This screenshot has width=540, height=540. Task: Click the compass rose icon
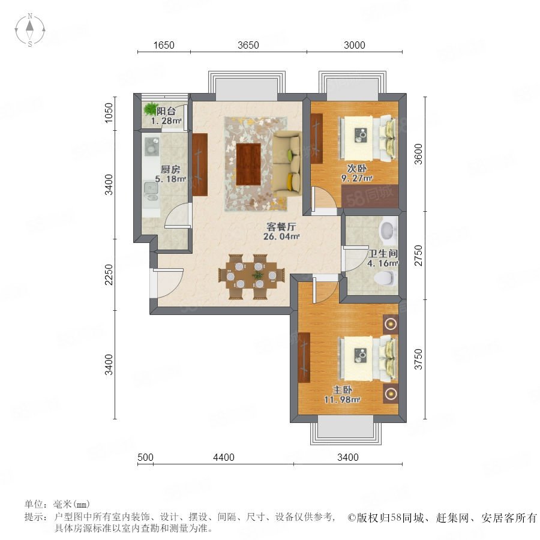(x=30, y=30)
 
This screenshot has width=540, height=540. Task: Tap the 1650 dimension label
(x=164, y=45)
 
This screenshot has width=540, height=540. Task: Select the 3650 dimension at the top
(x=248, y=45)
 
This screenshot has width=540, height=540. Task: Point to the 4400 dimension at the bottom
(x=224, y=457)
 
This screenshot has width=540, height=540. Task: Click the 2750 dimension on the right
(x=418, y=256)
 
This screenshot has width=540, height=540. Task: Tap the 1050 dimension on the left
(x=109, y=113)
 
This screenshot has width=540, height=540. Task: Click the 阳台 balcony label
(x=166, y=111)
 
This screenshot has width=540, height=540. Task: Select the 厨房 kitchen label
(x=170, y=169)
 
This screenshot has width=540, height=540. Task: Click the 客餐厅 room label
(x=281, y=227)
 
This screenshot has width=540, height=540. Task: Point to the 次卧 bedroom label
(x=357, y=169)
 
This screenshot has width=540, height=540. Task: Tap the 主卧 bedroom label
(x=343, y=390)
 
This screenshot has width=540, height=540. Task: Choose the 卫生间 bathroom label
(x=383, y=253)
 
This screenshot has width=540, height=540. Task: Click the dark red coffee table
(x=248, y=164)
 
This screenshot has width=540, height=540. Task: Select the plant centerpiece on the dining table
(x=257, y=275)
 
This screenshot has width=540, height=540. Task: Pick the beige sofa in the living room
(x=287, y=164)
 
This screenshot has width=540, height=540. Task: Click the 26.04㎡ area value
(x=281, y=236)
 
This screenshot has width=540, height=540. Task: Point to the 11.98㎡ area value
(x=343, y=400)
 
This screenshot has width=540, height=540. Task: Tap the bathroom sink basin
(x=388, y=230)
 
